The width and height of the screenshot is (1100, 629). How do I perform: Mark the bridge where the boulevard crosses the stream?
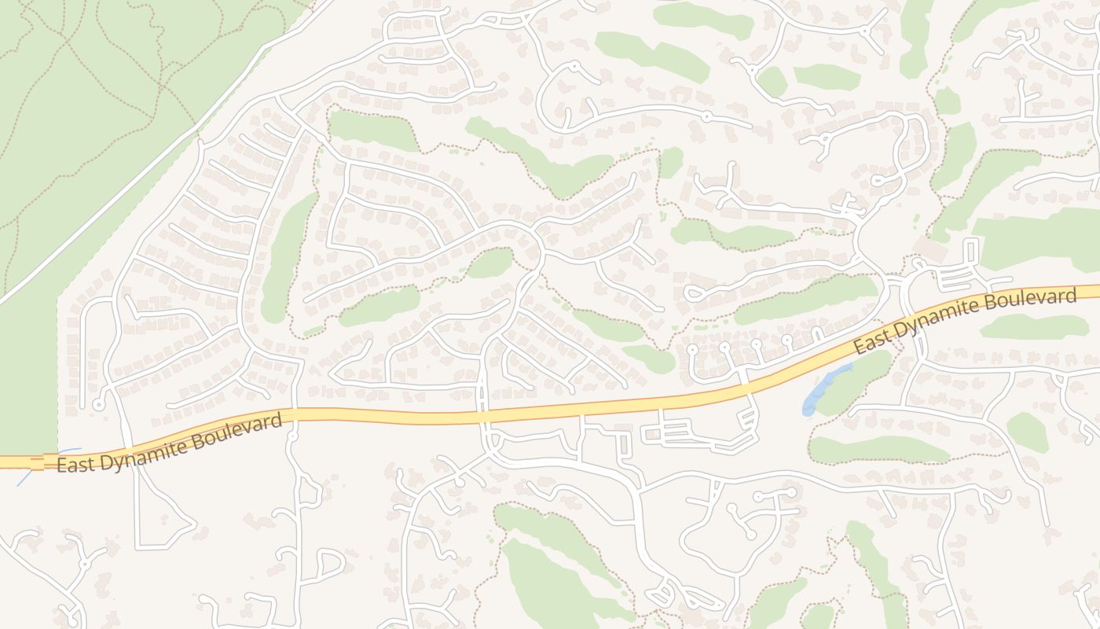(37, 462)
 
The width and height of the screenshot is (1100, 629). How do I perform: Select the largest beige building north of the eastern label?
(931, 250)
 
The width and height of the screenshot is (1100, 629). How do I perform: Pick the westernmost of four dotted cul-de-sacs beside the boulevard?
(692, 349)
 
